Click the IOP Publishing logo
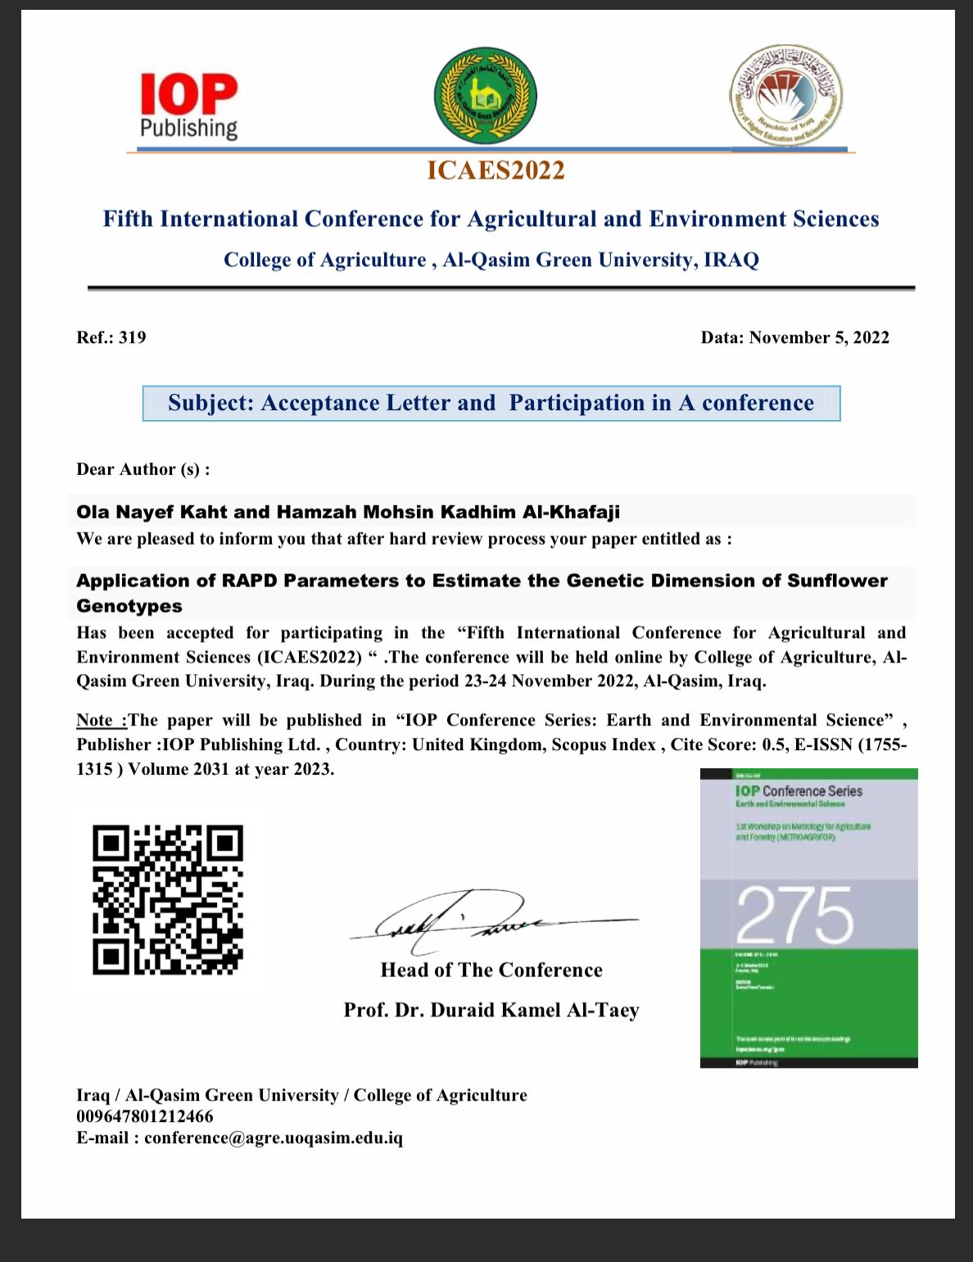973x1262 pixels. [x=189, y=106]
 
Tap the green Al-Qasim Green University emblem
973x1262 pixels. [x=485, y=96]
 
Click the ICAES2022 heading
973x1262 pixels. [x=496, y=170]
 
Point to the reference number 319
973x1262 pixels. [x=132, y=337]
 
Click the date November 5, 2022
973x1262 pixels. [x=819, y=337]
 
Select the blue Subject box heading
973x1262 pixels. [x=491, y=403]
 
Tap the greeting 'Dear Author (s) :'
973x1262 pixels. [x=143, y=469]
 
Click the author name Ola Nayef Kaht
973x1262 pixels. [x=152, y=513]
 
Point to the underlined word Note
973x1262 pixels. [x=96, y=721]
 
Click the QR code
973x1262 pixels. [x=168, y=899]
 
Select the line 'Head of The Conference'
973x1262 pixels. [x=491, y=970]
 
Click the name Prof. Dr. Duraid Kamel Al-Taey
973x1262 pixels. [x=491, y=1011]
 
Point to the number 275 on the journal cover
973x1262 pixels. [x=794, y=914]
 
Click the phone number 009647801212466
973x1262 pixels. [x=145, y=1116]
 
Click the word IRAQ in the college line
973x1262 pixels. [x=731, y=260]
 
